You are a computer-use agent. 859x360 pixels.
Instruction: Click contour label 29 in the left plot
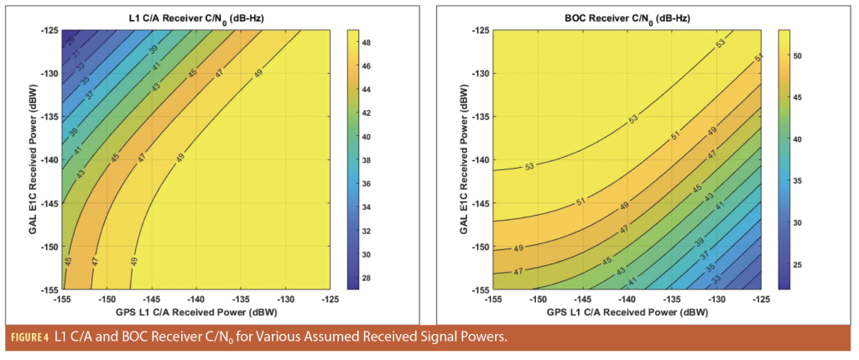pyautogui.click(x=70, y=39)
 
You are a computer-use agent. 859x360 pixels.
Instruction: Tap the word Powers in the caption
pyautogui.click(x=484, y=337)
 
